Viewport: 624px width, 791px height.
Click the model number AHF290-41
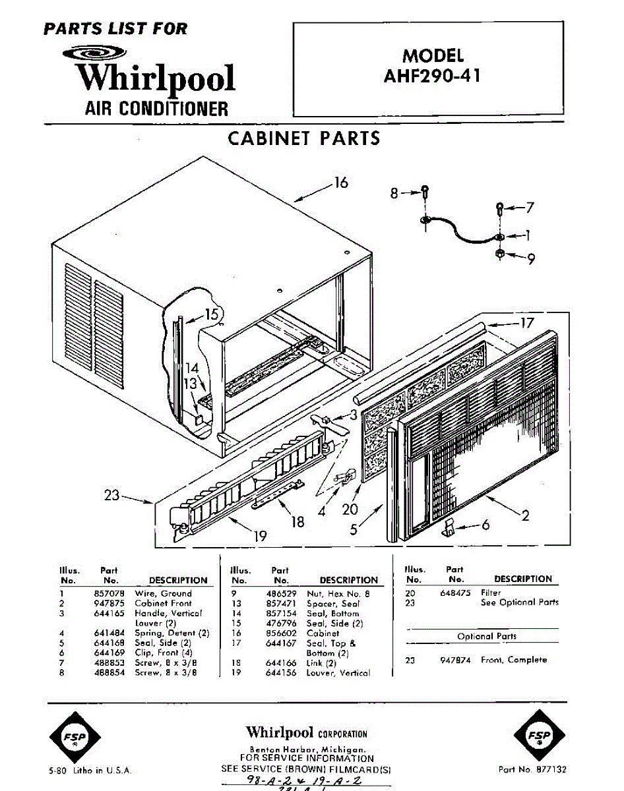432,75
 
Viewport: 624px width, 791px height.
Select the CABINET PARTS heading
304,138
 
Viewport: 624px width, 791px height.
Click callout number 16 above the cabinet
340,182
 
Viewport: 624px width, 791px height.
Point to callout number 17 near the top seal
526,323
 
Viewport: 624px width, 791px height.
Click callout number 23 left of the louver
112,494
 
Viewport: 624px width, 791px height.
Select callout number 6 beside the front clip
485,525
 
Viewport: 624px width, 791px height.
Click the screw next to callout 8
426,192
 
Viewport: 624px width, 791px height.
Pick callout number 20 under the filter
350,509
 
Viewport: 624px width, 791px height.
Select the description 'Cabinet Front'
163,603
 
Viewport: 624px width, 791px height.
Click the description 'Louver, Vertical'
338,673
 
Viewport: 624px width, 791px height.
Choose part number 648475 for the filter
455,593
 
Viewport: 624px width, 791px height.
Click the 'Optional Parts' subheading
487,636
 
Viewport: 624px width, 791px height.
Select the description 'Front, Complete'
514,660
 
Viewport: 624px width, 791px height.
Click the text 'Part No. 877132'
532,769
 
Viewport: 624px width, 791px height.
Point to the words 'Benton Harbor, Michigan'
307,750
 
